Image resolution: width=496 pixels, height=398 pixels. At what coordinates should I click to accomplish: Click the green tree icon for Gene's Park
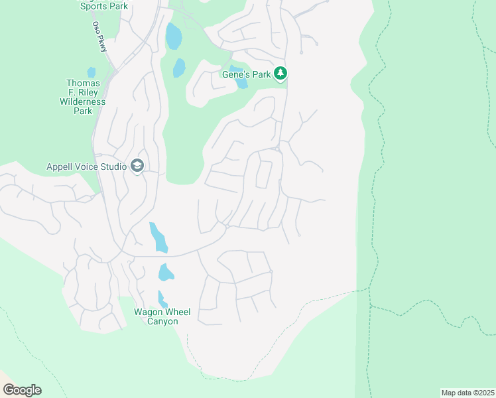tap(281, 74)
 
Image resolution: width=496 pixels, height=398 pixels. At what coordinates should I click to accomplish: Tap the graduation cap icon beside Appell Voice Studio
tap(137, 166)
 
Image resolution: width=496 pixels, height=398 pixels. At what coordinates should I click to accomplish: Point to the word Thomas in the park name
tap(83, 84)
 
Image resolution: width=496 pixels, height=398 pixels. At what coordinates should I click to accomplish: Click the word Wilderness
tap(83, 102)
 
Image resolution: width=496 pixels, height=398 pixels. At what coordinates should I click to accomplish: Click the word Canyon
tap(162, 321)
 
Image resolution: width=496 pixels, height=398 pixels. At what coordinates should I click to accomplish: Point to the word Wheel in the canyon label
tap(177, 312)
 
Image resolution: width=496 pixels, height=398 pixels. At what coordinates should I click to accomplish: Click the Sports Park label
tap(103, 7)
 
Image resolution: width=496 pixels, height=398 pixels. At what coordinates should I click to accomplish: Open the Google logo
tap(22, 390)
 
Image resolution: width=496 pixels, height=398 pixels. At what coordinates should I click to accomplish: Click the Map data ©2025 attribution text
tap(467, 393)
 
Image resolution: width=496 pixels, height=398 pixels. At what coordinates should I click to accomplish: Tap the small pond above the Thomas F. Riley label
tap(92, 72)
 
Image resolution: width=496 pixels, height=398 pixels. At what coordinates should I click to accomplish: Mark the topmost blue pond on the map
tap(173, 36)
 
